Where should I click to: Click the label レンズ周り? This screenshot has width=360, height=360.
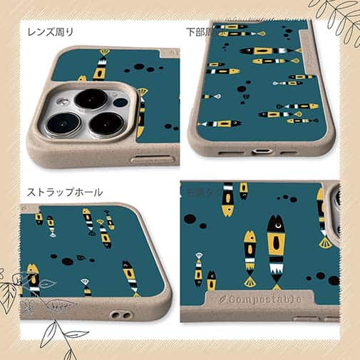50,32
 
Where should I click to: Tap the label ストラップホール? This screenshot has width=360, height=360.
65,192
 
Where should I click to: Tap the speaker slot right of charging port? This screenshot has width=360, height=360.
288,152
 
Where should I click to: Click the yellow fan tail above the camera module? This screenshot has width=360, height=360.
104,52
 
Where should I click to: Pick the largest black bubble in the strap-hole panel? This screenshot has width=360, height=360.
68,262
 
